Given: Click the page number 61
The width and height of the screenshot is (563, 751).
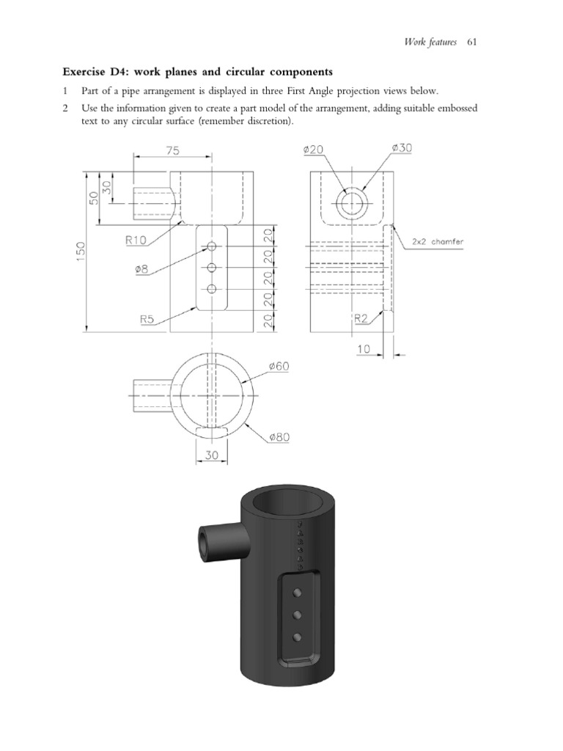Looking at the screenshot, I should coord(471,42).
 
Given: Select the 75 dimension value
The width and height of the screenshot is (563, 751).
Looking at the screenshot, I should coord(173,150).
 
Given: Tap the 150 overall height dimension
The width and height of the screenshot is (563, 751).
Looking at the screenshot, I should coord(81,249).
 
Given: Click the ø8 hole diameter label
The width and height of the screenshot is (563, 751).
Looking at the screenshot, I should coord(141,269).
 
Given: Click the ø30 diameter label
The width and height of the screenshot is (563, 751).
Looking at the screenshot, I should coord(402,148).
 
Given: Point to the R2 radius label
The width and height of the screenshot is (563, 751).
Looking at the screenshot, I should coord(361,318).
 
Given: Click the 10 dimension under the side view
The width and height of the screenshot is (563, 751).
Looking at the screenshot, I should coord(364,350).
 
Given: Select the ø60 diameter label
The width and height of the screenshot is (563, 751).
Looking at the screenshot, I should coord(281,365).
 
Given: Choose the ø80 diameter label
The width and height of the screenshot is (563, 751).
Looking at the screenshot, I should coord(280,438).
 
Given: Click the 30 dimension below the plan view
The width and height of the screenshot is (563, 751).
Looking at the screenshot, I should coord(210,455).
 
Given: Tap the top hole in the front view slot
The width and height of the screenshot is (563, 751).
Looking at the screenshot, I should coord(211,246).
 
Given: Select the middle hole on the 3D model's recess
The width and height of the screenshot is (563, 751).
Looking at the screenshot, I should coord(298,614).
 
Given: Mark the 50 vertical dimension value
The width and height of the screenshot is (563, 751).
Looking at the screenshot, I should coord(94,198).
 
